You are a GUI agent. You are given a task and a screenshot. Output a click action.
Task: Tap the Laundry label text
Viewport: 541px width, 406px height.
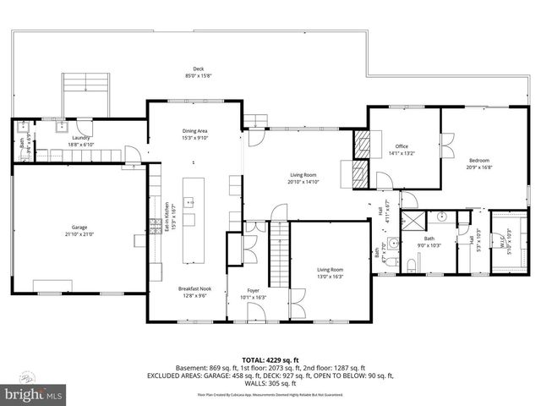pos(81,140)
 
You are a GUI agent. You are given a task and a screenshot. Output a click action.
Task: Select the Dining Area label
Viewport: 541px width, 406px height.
pos(195,134)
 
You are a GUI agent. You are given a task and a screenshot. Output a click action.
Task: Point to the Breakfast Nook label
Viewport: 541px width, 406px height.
pos(194,292)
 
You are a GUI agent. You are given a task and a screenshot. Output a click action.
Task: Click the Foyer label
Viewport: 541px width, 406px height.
pos(253,294)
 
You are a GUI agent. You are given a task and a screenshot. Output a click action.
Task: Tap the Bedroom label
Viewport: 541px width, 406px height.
pos(478,162)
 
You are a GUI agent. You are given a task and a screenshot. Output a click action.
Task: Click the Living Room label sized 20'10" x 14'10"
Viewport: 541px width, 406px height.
pos(305,177)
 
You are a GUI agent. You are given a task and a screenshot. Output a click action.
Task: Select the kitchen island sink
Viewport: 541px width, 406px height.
pos(190,202)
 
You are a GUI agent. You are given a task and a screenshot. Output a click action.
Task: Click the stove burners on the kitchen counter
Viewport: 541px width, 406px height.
pos(156,224)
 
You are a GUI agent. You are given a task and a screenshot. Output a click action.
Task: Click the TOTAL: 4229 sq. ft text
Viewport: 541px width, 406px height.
pos(270,359)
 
